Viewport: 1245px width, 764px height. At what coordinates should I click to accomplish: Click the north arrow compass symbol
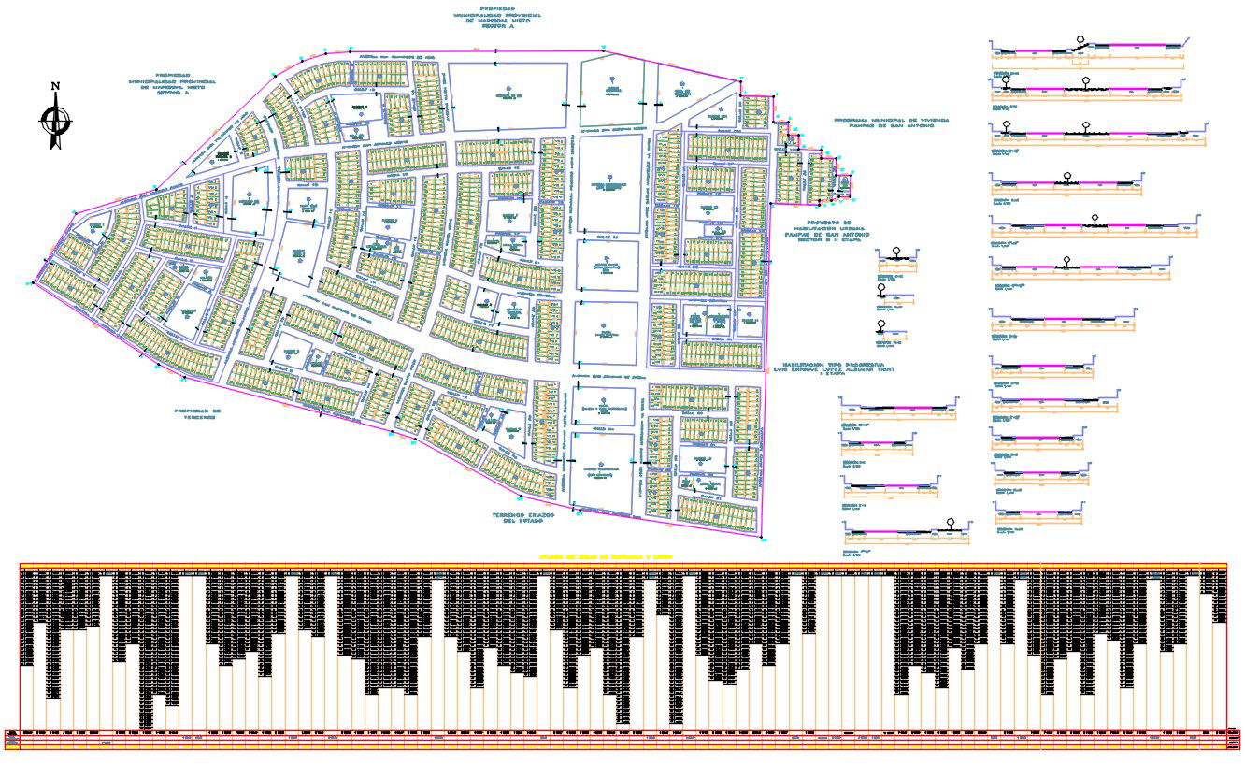[x=55, y=121]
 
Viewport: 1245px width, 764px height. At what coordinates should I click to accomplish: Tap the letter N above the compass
[x=55, y=87]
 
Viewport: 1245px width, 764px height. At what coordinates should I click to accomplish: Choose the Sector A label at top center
[x=498, y=27]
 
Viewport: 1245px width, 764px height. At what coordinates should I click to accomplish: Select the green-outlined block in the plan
[x=612, y=91]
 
